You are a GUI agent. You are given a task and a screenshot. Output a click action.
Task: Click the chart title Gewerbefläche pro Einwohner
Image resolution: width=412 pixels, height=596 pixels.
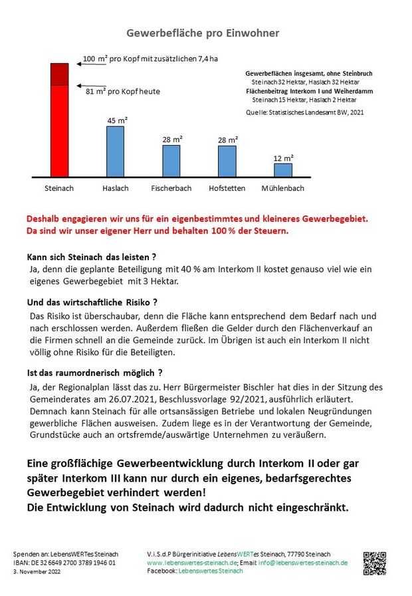[203, 33]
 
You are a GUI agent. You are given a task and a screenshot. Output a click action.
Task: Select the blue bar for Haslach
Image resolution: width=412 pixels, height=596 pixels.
[115, 152]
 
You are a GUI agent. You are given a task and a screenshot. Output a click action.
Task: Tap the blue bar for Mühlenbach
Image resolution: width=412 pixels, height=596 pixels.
[283, 170]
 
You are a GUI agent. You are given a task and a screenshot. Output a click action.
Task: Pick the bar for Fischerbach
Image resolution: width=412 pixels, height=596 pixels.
[171, 161]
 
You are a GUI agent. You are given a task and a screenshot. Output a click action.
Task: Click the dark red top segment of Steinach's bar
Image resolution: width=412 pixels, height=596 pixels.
[60, 74]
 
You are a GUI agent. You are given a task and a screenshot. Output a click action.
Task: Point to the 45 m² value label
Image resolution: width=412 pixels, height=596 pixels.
[117, 120]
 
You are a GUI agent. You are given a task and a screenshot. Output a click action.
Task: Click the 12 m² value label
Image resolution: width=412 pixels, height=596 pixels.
[283, 158]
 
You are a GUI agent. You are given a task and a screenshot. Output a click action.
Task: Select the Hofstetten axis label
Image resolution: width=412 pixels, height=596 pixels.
[227, 188]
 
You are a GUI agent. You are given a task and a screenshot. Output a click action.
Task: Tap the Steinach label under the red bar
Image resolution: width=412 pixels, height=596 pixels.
[59, 188]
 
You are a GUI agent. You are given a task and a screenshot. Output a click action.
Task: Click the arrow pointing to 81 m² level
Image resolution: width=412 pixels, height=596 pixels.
[91, 86]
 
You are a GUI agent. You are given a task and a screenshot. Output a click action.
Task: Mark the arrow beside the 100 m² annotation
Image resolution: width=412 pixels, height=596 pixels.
[91, 64]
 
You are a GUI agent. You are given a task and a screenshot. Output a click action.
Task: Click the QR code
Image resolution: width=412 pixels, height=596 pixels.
[374, 563]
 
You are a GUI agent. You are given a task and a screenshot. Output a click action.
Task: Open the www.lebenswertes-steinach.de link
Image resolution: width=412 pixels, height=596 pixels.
[192, 563]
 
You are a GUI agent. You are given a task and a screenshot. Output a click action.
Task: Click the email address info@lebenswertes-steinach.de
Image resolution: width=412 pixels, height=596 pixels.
[303, 563]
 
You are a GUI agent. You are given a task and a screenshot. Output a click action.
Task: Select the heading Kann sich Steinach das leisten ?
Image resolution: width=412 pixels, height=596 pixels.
[92, 257]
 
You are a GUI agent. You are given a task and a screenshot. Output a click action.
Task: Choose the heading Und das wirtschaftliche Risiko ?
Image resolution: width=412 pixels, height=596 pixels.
[92, 303]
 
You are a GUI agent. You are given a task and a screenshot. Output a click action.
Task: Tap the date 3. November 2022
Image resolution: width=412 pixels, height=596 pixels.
[37, 571]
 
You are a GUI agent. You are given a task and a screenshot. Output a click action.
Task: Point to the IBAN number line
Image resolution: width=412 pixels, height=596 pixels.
[64, 563]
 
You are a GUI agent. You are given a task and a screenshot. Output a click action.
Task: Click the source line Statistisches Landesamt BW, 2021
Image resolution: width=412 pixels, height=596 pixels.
[305, 112]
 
